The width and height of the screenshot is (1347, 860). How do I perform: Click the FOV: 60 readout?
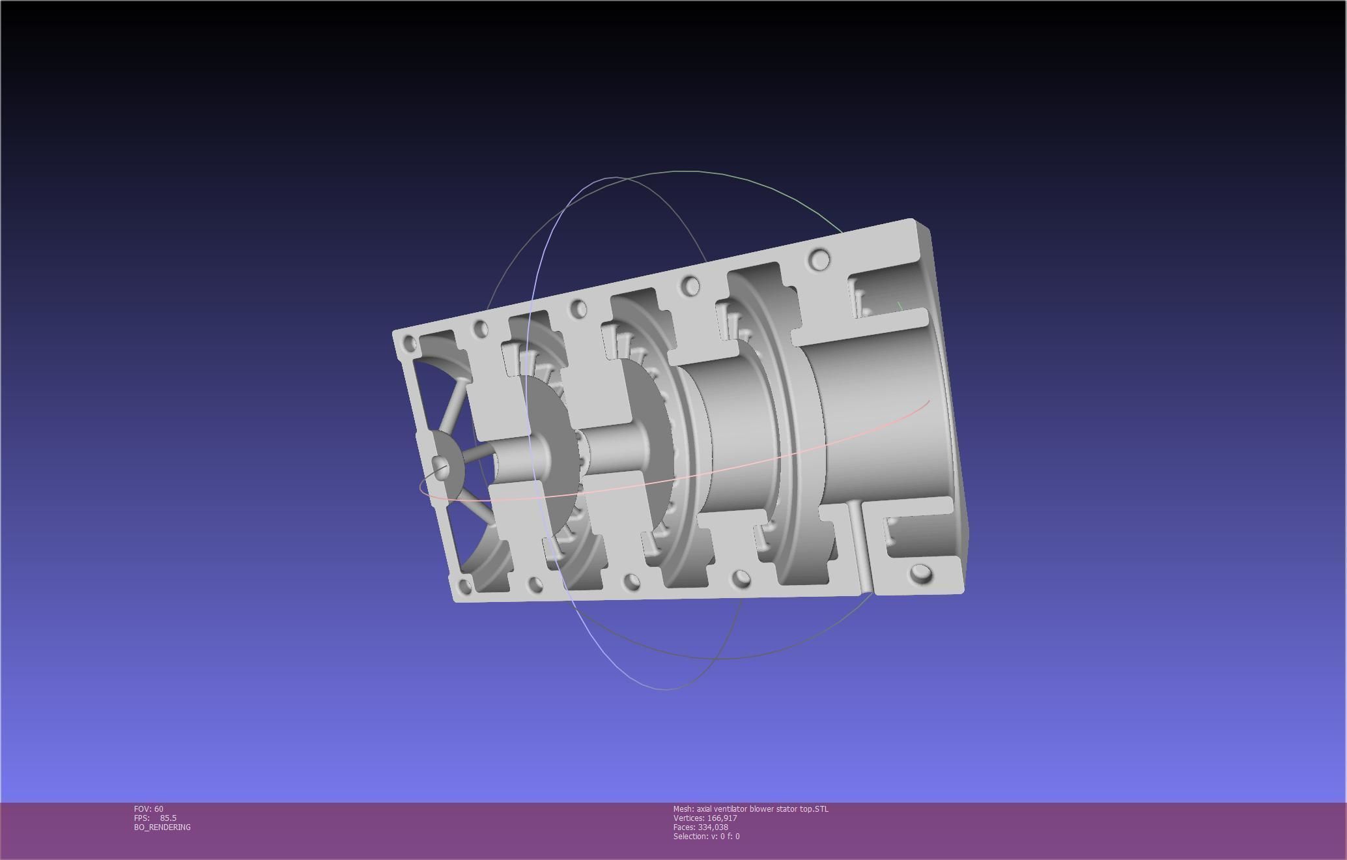click(x=149, y=809)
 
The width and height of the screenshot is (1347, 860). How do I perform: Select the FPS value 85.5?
click(x=168, y=818)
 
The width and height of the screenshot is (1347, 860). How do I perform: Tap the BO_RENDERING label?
click(x=162, y=827)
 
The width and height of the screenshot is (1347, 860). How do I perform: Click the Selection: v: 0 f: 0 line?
click(x=706, y=836)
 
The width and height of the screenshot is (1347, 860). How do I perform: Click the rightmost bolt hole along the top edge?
click(x=820, y=261)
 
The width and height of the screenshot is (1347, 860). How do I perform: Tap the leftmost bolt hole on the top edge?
click(x=410, y=343)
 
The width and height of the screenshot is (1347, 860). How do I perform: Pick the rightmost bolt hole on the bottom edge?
click(x=921, y=574)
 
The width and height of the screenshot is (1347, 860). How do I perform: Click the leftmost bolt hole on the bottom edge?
click(x=465, y=584)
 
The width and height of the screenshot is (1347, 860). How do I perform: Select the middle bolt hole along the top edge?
click(x=578, y=309)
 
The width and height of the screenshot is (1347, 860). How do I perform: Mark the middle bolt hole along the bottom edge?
click(x=631, y=581)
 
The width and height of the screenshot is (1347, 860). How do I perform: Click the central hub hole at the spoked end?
click(x=441, y=466)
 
